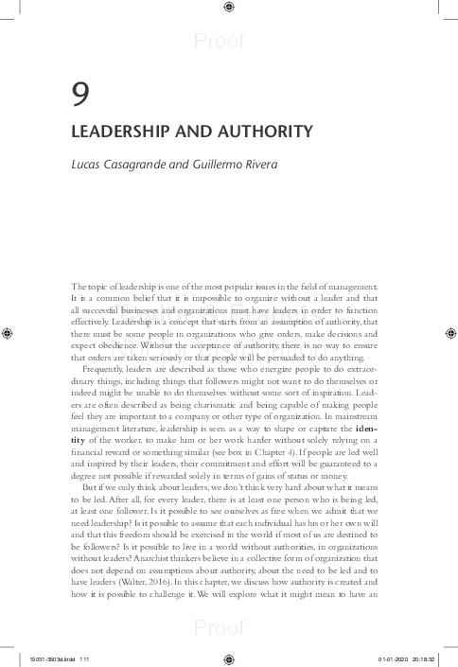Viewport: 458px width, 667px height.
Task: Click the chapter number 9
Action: pyautogui.click(x=81, y=94)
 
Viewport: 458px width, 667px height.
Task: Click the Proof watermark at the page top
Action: pyautogui.click(x=219, y=41)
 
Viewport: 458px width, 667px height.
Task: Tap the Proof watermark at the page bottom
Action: pyautogui.click(x=219, y=626)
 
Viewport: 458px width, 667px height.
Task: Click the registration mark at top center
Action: pyautogui.click(x=229, y=9)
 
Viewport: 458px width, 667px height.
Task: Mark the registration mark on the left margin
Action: pyautogui.click(x=8, y=333)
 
